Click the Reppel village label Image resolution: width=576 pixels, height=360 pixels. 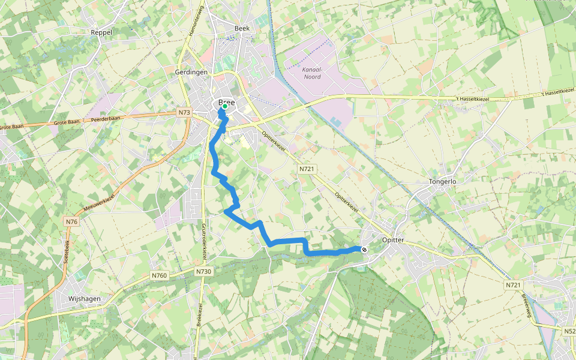tap(101, 32)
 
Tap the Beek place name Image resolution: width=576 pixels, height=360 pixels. tap(242, 28)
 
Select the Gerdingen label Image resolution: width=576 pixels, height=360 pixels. tap(191, 72)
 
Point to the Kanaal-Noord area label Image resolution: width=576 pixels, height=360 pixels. tap(312, 73)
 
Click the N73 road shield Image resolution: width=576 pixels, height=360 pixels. tap(184, 112)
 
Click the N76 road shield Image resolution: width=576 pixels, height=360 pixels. tap(71, 222)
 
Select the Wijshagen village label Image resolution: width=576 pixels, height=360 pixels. tap(85, 298)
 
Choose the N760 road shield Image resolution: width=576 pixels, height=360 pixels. tap(159, 275)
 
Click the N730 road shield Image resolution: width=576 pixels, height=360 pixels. tap(203, 272)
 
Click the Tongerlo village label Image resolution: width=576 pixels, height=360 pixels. tap(443, 181)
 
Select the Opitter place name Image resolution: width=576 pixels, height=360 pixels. tap(395, 240)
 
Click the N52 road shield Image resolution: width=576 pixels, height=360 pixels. tap(569, 331)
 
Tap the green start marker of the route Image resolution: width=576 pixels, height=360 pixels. tap(225, 107)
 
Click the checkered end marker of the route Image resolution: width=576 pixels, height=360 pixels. tap(364, 249)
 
